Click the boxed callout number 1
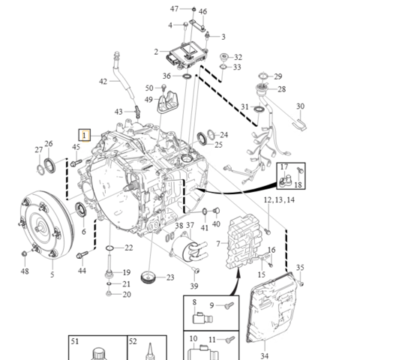click(85, 135)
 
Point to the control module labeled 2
click(187, 55)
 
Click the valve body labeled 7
click(243, 241)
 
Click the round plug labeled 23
click(148, 277)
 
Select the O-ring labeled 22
click(109, 248)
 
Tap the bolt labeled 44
click(82, 255)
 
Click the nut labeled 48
click(25, 253)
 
